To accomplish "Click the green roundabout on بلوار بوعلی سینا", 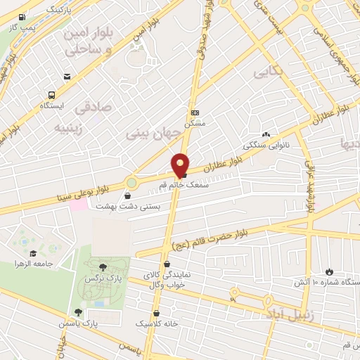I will tap(131, 184).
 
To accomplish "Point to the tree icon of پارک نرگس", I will tap(104, 266).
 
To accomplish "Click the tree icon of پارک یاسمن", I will tap(78, 312).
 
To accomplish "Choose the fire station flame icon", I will tap(330, 271).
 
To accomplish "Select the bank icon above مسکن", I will tap(195, 112).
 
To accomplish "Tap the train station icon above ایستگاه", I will tap(51, 95).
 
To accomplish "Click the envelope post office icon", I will tap(67, 77).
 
